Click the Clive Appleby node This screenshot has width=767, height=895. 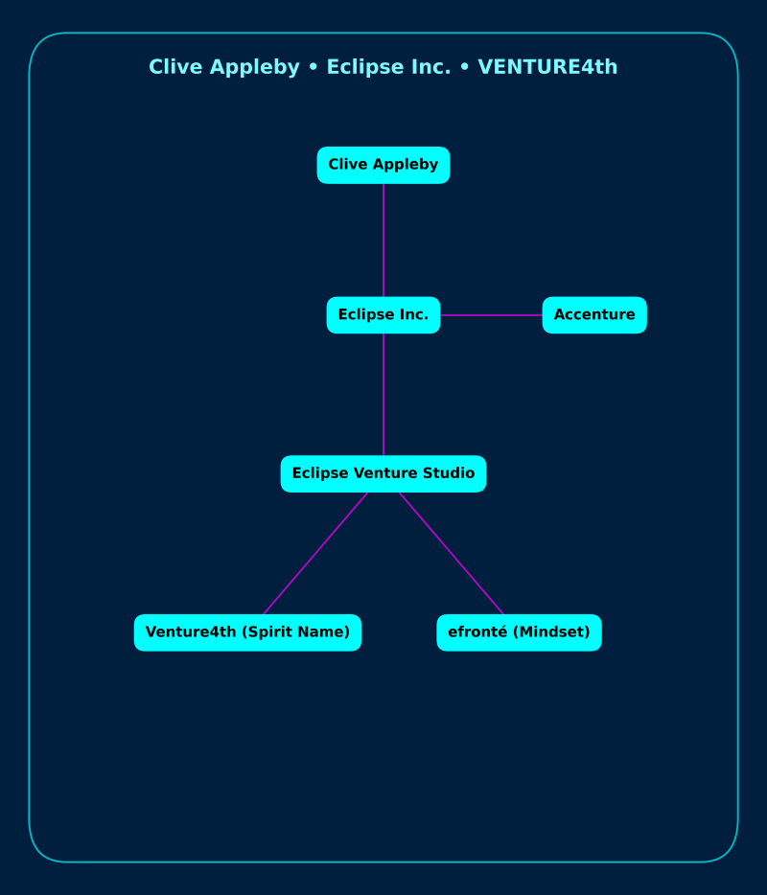[383, 165]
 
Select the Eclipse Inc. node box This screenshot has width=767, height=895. [383, 315]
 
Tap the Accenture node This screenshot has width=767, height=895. [594, 315]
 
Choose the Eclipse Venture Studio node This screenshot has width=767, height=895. [383, 474]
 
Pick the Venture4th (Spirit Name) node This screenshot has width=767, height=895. [247, 632]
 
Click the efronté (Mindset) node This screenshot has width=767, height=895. [519, 632]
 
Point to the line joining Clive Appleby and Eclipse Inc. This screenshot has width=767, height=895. [383, 240]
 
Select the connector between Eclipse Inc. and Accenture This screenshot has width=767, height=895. [491, 315]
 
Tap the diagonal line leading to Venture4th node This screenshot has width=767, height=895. [315, 553]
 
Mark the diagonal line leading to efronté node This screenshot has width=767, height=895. [452, 553]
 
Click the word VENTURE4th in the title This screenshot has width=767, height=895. [547, 67]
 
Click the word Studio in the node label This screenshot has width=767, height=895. [450, 473]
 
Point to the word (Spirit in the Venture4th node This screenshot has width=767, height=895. [267, 632]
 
